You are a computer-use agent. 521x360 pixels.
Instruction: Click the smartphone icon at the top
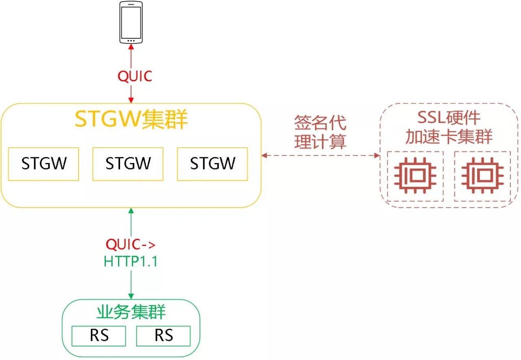tap(131, 22)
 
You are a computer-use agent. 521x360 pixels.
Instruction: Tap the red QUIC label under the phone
tap(135, 76)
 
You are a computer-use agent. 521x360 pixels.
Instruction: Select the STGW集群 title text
tap(131, 119)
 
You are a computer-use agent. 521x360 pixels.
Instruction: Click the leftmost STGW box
tap(44, 164)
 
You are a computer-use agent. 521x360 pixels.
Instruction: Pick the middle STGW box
tap(128, 164)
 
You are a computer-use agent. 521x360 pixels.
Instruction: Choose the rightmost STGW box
tap(212, 164)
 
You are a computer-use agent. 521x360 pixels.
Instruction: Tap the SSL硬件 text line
tap(449, 118)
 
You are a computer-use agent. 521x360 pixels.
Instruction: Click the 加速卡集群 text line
tap(449, 137)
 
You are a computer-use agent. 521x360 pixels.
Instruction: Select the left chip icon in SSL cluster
tap(415, 176)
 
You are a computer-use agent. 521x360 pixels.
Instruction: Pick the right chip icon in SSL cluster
tap(482, 176)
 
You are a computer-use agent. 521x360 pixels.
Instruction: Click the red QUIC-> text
tap(131, 244)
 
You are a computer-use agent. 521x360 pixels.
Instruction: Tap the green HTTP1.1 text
tap(131, 262)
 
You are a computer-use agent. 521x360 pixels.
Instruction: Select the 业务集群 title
tap(131, 312)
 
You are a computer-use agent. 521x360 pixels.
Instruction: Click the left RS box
tap(99, 336)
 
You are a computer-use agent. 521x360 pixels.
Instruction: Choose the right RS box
tap(163, 336)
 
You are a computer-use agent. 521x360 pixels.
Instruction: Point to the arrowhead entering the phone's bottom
tap(131, 47)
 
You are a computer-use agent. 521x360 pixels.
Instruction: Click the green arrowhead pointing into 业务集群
tap(131, 296)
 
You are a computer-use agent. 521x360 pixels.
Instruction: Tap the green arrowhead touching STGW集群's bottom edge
tap(131, 211)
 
